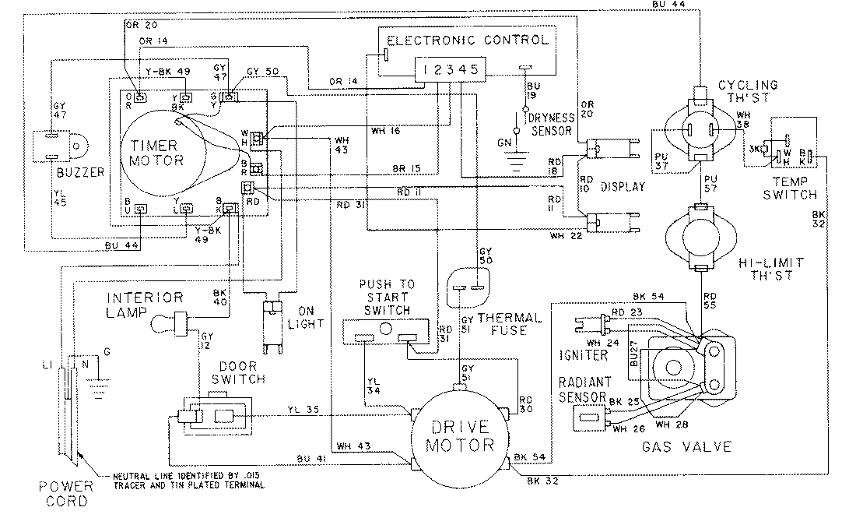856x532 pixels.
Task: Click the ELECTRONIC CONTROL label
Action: (x=468, y=40)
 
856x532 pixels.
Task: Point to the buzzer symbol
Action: (x=59, y=146)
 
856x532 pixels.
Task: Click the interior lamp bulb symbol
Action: (x=166, y=319)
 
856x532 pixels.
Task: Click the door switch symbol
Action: (x=216, y=416)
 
